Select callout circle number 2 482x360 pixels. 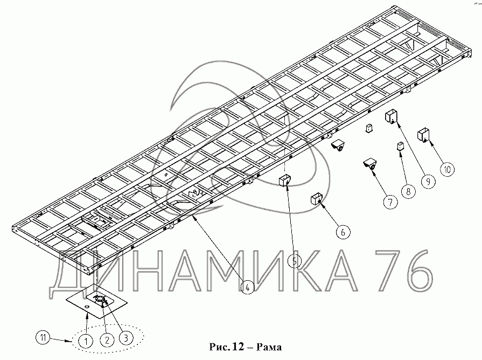[x=108, y=340]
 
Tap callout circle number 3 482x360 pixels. [x=125, y=337]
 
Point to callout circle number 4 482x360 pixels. [x=246, y=287]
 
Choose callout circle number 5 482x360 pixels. [x=294, y=261]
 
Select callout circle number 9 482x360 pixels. [x=428, y=182]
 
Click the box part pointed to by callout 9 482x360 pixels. [x=391, y=116]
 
